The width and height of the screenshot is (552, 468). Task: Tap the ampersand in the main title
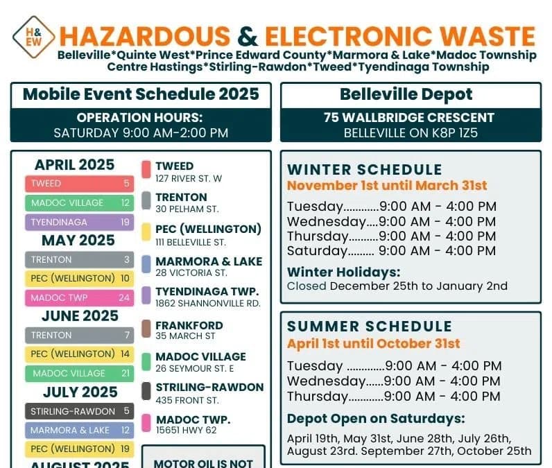click(247, 35)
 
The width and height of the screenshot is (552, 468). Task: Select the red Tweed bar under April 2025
click(80, 184)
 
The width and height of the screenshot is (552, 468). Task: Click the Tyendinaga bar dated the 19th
click(80, 223)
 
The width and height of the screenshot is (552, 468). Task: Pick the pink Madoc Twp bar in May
click(80, 298)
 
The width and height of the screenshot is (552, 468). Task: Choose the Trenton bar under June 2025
click(80, 336)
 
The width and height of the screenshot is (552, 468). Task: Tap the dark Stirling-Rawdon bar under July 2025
click(80, 411)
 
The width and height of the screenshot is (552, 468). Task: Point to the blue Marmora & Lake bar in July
click(80, 430)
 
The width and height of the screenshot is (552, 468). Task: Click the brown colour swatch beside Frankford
click(146, 329)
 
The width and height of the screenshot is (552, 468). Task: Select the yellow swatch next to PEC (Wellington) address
click(146, 232)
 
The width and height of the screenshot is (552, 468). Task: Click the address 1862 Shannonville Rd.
click(207, 304)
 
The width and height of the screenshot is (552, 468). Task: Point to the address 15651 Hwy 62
click(186, 431)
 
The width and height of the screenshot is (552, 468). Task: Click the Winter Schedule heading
click(365, 170)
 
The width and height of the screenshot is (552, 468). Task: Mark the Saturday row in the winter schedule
click(391, 251)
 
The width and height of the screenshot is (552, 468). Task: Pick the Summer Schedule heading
click(370, 327)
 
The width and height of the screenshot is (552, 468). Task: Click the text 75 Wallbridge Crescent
click(409, 118)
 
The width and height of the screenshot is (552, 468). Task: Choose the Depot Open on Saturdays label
click(376, 419)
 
